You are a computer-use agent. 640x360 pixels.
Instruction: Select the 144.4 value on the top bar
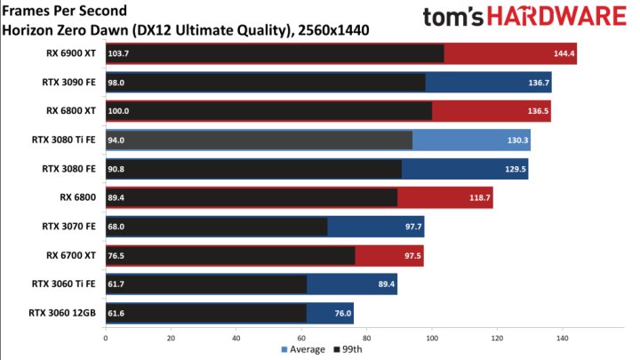(x=565, y=54)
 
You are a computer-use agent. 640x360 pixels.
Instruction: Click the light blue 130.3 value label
(x=518, y=140)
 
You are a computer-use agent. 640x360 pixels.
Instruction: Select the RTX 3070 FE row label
(x=70, y=227)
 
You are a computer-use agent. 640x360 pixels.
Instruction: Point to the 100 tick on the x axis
(x=432, y=338)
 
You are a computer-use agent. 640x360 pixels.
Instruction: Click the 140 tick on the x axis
(x=563, y=338)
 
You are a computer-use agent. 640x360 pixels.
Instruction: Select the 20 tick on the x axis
(x=171, y=338)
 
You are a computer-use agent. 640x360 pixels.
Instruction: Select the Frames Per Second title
(x=64, y=12)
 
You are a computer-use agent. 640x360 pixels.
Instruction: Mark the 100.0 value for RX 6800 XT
(x=118, y=111)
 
